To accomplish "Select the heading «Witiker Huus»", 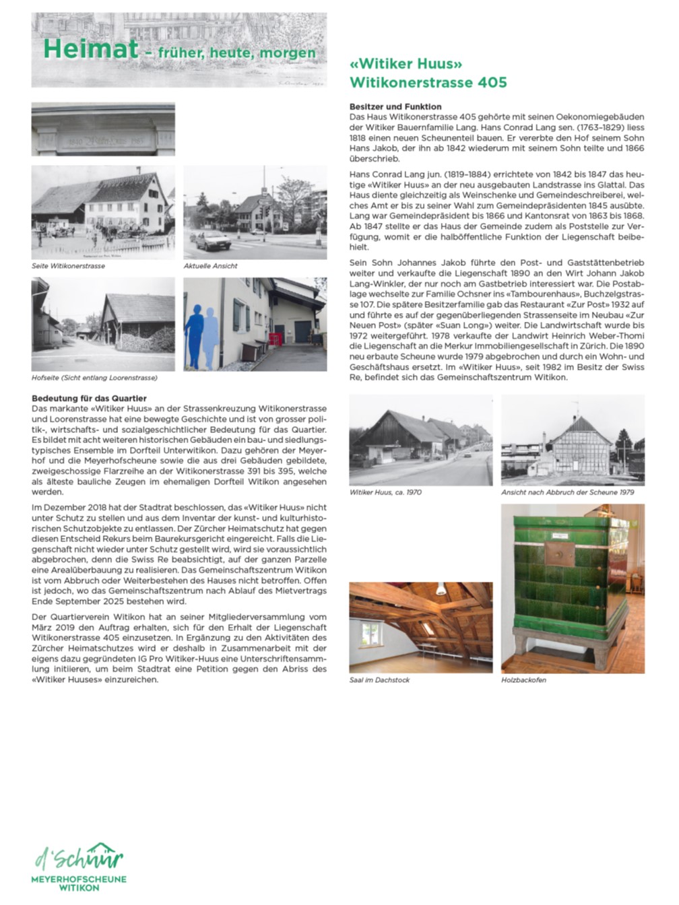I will (x=406, y=65).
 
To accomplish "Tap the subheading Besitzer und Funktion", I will (x=395, y=106).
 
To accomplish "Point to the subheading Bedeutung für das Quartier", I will (x=89, y=399).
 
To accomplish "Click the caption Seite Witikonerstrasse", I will (x=68, y=266).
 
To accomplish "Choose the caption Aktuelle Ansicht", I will (x=210, y=266).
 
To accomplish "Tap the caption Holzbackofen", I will (x=523, y=680).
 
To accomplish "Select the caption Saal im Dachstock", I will (x=379, y=680).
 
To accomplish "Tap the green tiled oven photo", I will (x=573, y=589).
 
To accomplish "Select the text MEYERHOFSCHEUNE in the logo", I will (x=79, y=879).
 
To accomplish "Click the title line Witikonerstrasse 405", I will (x=428, y=83).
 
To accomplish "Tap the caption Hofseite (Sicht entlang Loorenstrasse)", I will (x=94, y=378).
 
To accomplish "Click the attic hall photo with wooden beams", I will (x=420, y=627).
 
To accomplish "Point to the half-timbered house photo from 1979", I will (x=573, y=440).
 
